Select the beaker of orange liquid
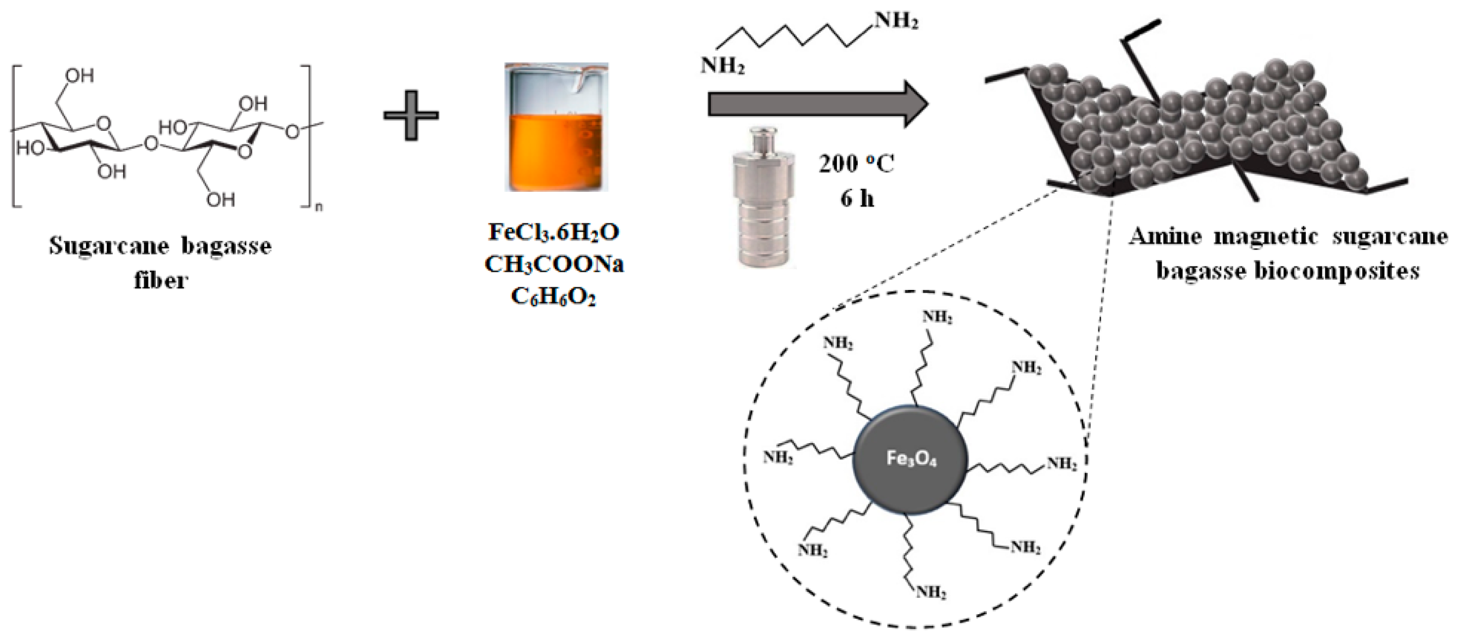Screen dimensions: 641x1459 point(556,128)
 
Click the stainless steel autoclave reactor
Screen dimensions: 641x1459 point(762,198)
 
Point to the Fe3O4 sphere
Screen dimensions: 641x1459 point(910,459)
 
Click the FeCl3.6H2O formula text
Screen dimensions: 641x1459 point(554,232)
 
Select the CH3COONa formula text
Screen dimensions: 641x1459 point(554,265)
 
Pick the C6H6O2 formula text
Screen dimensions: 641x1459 point(553,297)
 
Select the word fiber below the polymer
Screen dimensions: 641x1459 point(160,280)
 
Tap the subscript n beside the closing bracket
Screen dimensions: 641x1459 point(318,208)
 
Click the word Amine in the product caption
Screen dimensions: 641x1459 point(1164,235)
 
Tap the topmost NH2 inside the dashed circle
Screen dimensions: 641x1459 point(937,317)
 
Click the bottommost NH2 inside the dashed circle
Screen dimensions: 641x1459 point(932,593)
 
